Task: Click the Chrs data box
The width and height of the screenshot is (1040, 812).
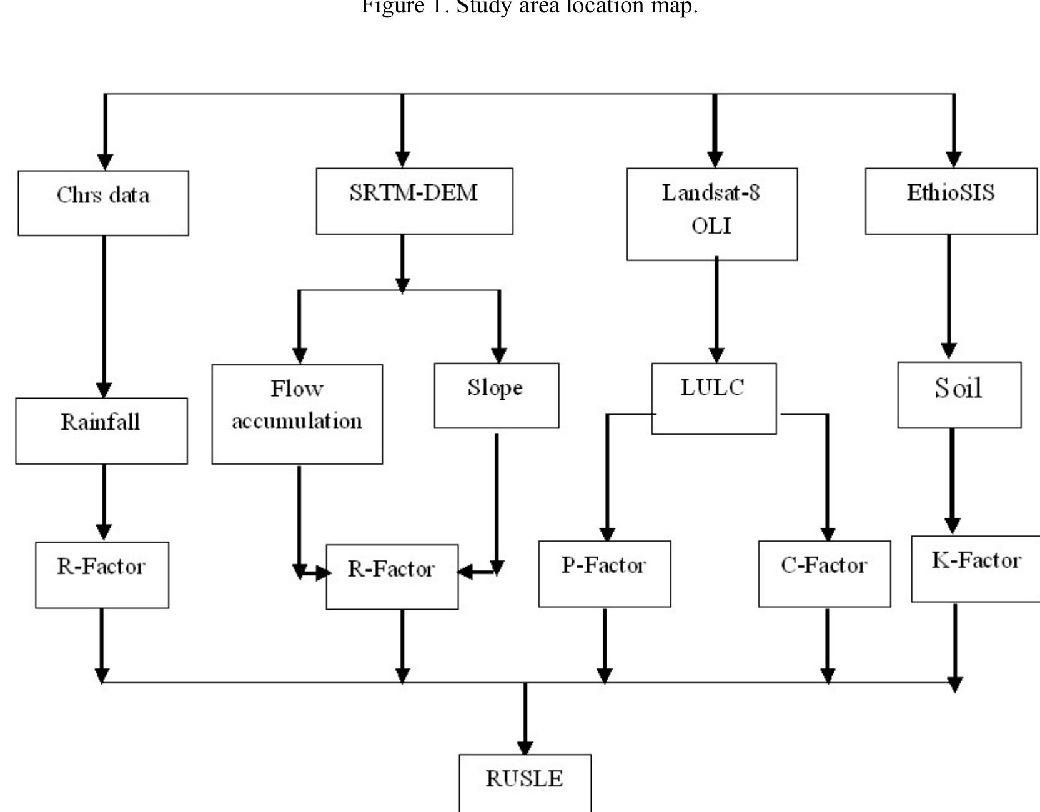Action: [x=103, y=203]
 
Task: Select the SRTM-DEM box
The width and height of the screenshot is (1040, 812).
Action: [x=414, y=201]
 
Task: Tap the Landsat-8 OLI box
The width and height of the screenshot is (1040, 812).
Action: [x=711, y=214]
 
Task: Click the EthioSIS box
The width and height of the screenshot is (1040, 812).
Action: [x=951, y=201]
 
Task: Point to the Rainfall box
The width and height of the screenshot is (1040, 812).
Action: [x=101, y=430]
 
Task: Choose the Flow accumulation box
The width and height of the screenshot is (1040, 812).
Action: [x=297, y=413]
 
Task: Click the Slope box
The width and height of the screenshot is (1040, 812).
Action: [x=496, y=395]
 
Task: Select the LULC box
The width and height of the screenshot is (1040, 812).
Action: [x=713, y=398]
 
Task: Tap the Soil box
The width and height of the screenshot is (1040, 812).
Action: [x=959, y=395]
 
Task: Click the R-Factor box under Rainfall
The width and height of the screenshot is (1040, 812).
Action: [x=102, y=575]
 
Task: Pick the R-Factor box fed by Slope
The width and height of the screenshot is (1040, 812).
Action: [x=392, y=577]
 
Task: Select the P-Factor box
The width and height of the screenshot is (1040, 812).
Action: [x=604, y=573]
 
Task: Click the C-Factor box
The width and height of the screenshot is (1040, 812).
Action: [x=824, y=573]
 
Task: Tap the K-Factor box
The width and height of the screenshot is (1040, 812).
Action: [x=976, y=568]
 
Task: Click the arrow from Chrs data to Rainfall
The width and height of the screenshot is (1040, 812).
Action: [x=104, y=315]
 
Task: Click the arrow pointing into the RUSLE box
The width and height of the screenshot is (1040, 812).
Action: [x=525, y=718]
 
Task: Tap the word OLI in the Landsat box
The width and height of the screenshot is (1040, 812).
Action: [x=711, y=225]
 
